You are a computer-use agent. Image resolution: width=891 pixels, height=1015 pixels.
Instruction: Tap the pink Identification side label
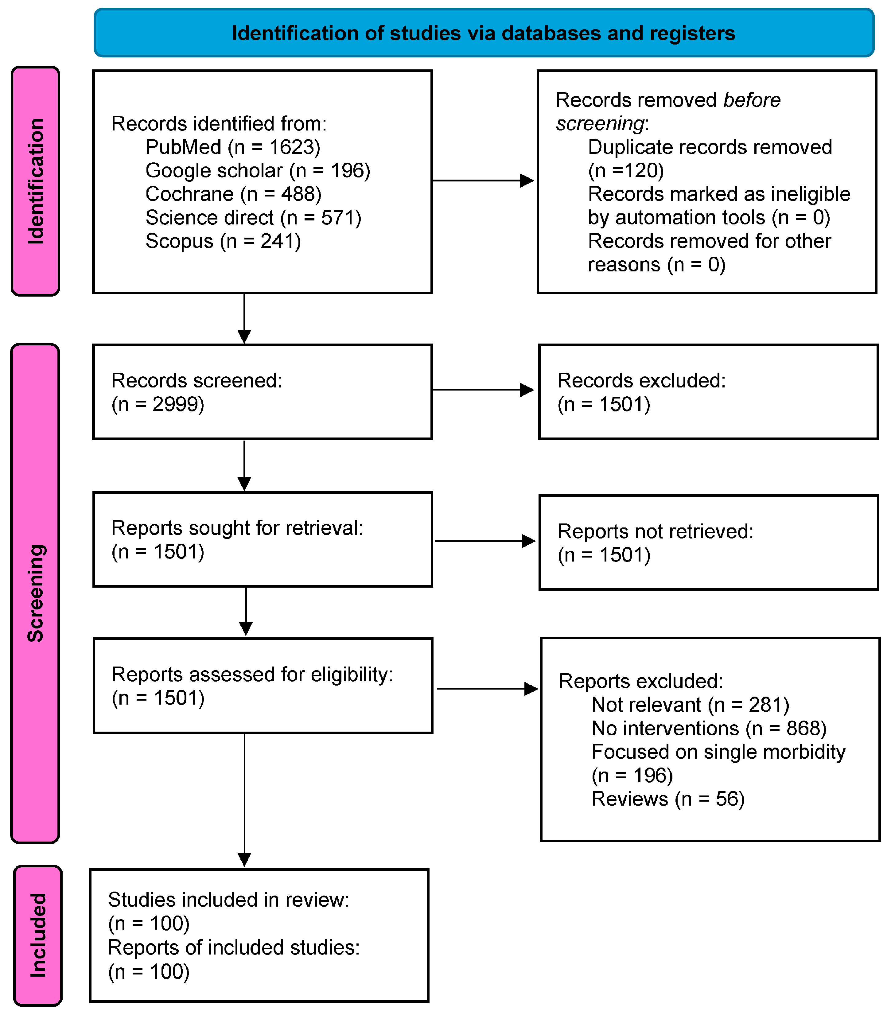coord(35,181)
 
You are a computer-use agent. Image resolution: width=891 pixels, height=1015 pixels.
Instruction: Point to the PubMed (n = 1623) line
coord(232,147)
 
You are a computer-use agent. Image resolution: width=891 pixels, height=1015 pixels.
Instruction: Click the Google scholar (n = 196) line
coord(257,170)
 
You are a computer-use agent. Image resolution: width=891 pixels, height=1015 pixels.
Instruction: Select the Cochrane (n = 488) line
coord(233,194)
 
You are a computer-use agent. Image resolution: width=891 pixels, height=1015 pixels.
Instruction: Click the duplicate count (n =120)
coord(626,170)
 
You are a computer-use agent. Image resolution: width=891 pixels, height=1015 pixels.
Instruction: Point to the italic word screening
coord(600,123)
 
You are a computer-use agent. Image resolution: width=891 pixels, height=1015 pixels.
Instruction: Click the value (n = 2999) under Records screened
coord(158,404)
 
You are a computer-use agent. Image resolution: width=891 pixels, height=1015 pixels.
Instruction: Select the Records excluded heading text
coord(641,380)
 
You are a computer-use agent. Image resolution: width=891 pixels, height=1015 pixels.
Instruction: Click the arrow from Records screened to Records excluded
coord(482,390)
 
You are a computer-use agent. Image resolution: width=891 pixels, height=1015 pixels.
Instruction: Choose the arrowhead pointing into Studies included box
coord(244,859)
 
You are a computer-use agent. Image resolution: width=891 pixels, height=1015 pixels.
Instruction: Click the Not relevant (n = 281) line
coord(690,705)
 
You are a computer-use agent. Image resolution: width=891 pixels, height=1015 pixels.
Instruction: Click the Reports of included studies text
coord(233,947)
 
